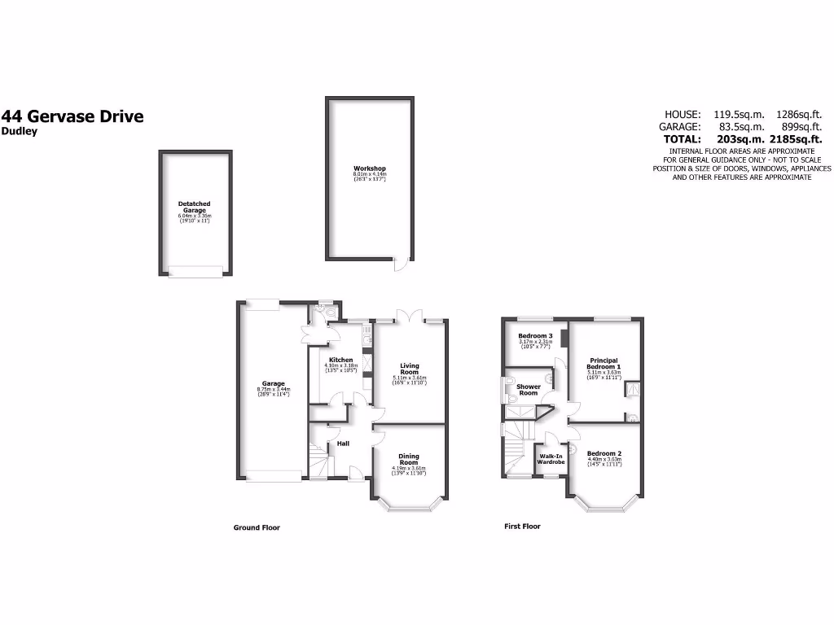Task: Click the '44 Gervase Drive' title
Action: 72,116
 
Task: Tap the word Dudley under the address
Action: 20,132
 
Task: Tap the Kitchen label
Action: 340,361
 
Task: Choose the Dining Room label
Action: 408,459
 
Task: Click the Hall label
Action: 343,444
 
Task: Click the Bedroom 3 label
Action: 535,336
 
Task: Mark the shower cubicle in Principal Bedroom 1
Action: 631,391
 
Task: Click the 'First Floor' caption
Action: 522,527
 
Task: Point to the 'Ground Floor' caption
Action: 257,527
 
